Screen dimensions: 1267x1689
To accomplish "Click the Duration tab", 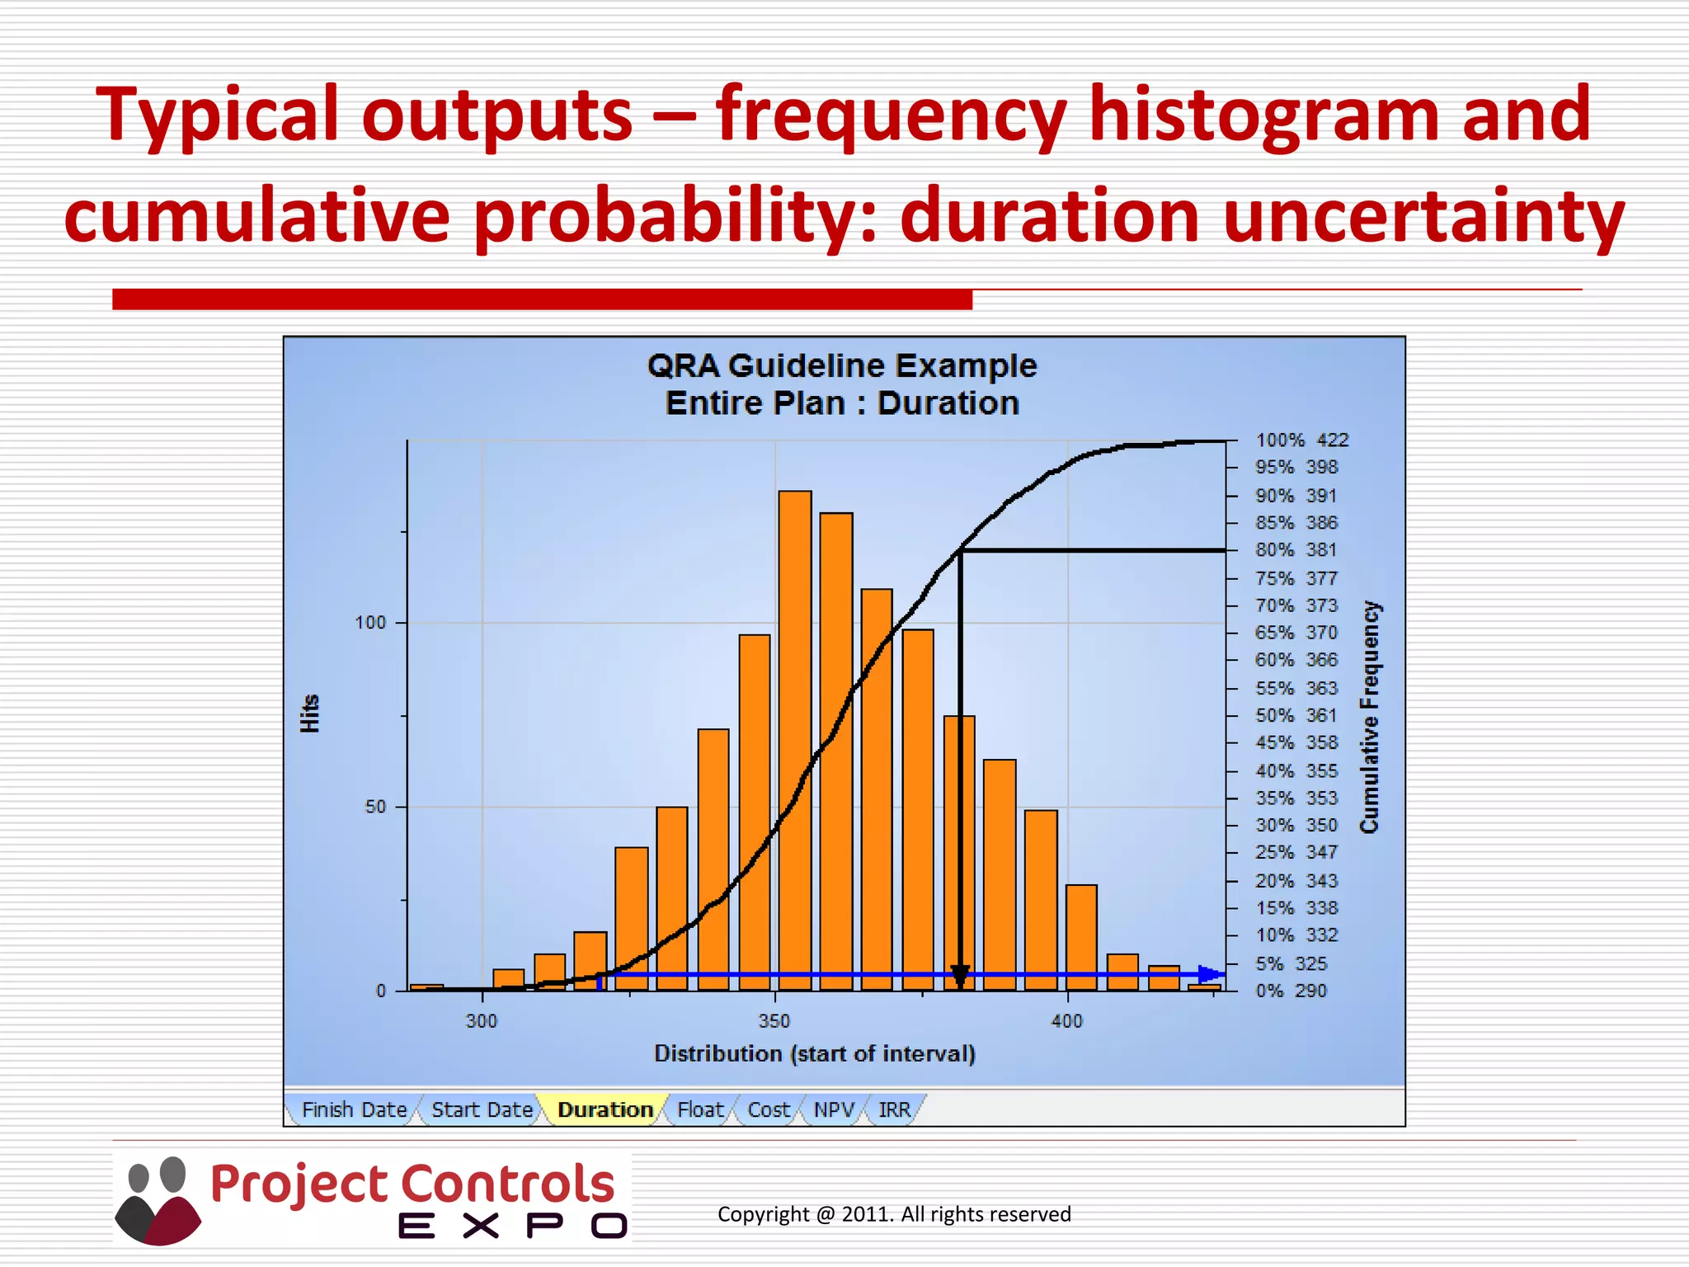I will [605, 1109].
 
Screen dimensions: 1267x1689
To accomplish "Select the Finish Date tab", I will [354, 1109].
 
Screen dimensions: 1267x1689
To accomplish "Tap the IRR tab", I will [894, 1109].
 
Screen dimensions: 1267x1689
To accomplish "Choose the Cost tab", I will [768, 1109].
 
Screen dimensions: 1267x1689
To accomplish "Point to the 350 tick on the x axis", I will [774, 1021].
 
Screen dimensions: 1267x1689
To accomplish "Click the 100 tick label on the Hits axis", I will [370, 623].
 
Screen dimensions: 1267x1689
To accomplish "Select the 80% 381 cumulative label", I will [1296, 550].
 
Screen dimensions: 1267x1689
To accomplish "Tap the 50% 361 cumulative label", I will [1296, 715].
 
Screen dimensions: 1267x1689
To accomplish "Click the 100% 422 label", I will [1301, 440].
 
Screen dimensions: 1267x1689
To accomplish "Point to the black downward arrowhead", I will [960, 977].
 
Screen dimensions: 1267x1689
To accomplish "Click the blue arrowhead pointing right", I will [1210, 974].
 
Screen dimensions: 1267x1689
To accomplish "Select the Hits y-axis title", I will [309, 714].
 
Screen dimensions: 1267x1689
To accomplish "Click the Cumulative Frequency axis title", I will [1369, 717].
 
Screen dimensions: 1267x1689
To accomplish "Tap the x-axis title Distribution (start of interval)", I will [815, 1053].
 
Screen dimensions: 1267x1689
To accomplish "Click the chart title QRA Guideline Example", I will [842, 365].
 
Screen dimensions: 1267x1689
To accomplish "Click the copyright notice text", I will [894, 1214].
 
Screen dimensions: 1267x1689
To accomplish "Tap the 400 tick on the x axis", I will [1066, 1021].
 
